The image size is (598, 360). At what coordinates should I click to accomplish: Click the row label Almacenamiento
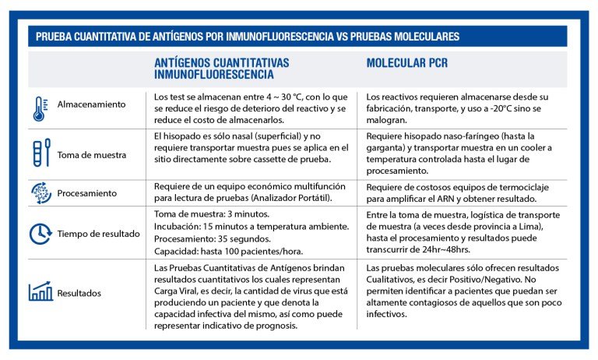point(91,104)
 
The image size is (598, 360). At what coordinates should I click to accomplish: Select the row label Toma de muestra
point(93,154)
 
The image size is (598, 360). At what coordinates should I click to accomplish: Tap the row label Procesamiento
point(87,192)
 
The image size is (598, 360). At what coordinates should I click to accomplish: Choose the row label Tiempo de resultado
point(99,233)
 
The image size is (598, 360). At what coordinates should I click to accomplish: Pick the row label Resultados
point(79,294)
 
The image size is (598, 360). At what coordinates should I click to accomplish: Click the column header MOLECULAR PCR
point(407,62)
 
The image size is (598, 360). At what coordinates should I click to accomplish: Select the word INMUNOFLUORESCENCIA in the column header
point(214,75)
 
